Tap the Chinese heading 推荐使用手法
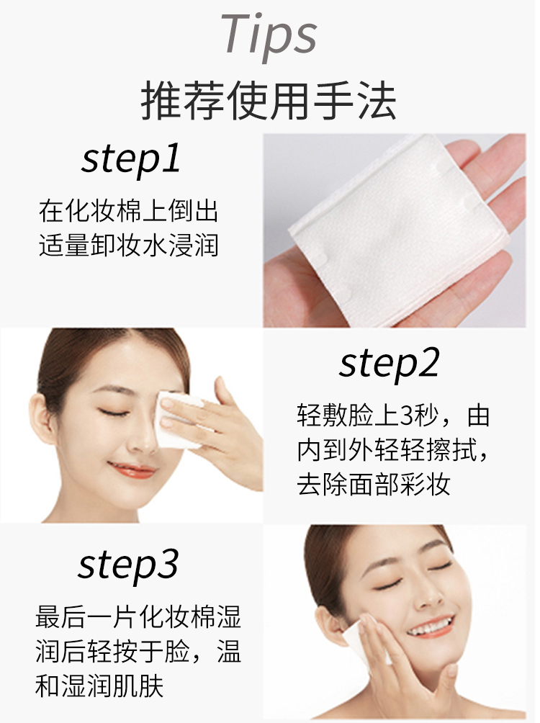pyautogui.click(x=269, y=100)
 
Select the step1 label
pyautogui.click(x=130, y=159)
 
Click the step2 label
pyautogui.click(x=390, y=364)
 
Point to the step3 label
pyautogui.click(x=127, y=566)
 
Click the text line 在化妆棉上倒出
pyautogui.click(x=128, y=211)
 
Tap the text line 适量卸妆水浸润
pyautogui.click(x=128, y=245)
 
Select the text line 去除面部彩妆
pyautogui.click(x=373, y=484)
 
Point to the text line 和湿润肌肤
pyautogui.click(x=99, y=686)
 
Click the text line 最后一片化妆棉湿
pyautogui.click(x=138, y=616)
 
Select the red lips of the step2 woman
pyautogui.click(x=132, y=470)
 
